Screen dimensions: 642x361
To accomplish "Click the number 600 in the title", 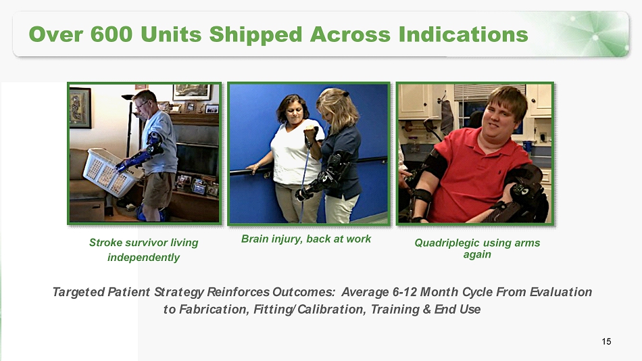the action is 112,34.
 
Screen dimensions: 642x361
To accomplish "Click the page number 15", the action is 606,341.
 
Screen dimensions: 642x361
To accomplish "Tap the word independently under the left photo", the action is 143,258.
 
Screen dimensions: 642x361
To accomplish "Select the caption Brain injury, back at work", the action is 306,239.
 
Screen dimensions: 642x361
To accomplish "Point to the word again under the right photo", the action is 477,255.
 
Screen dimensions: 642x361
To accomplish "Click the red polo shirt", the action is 475,176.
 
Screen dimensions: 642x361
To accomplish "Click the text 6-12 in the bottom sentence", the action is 405,292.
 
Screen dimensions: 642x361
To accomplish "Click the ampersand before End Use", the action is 427,309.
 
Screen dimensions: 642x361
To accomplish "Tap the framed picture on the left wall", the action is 80,107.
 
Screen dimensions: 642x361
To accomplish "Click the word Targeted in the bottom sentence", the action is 78,292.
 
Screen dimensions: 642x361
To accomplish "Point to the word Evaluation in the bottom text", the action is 560,292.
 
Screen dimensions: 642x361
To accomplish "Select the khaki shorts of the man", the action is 157,189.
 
